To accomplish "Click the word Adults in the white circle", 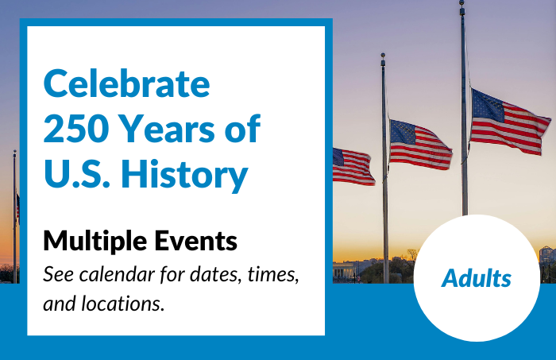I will coord(477,279).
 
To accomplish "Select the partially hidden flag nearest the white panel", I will coord(353,166).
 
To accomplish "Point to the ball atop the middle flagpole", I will coord(383,56).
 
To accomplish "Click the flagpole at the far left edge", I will coord(14,215).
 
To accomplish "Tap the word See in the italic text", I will coord(58,274).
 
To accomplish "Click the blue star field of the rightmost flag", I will coord(486,106).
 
